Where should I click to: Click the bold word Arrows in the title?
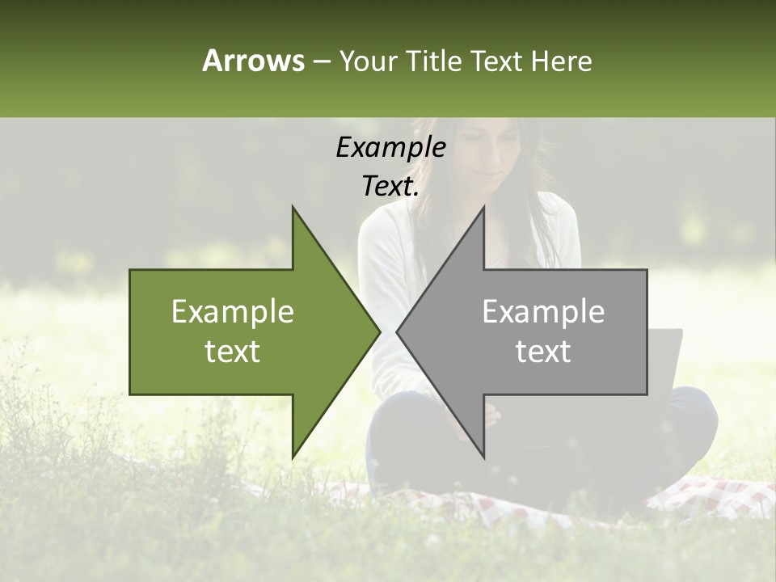tap(253, 61)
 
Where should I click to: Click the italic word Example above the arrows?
tap(390, 147)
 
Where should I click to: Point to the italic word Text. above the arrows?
tap(390, 187)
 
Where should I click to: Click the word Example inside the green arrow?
tap(232, 312)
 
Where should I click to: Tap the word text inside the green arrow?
tap(232, 352)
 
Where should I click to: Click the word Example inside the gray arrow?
tap(543, 312)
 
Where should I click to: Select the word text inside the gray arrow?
tap(543, 352)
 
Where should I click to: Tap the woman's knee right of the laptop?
tap(695, 412)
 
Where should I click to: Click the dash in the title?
tap(321, 61)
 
